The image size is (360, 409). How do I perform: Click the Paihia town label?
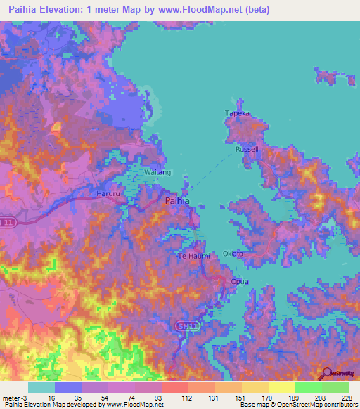click(176, 201)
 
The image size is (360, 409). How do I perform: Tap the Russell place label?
click(247, 150)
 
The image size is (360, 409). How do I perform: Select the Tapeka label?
click(237, 113)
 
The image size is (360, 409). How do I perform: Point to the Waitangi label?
click(157, 172)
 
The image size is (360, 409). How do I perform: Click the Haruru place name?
click(110, 192)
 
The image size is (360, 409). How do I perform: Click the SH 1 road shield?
click(183, 325)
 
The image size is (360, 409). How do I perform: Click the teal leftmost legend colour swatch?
click(41, 387)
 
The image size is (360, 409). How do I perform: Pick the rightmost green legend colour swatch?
click(335, 387)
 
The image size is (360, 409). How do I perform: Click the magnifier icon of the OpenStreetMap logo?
click(327, 373)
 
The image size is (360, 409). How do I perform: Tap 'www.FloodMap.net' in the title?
click(205, 9)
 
